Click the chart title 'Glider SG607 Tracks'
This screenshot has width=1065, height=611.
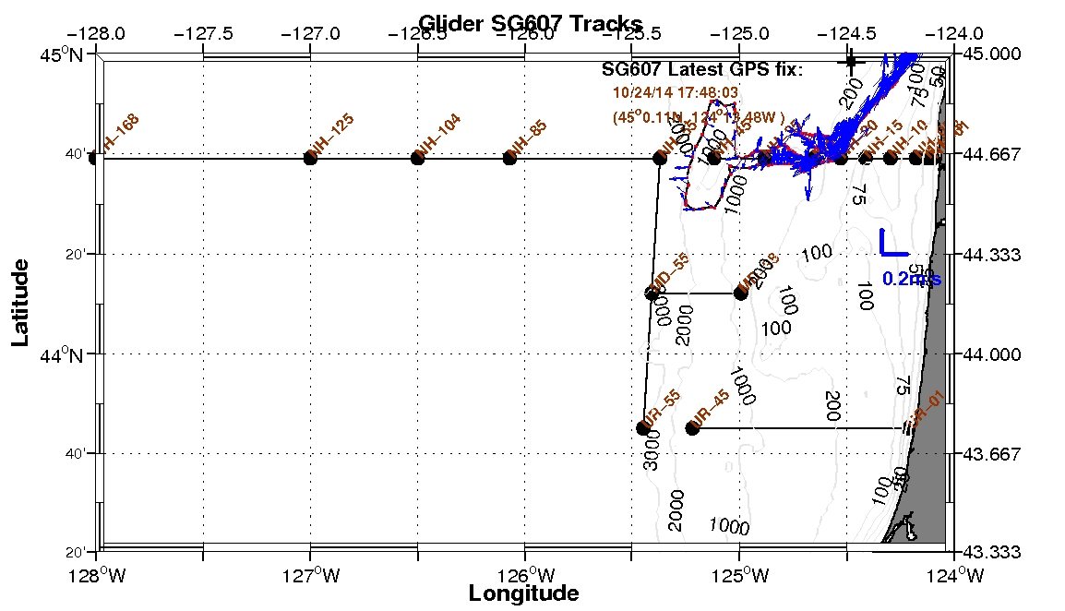530,23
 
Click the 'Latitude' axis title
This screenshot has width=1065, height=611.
19,303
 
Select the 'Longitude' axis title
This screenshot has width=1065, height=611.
523,593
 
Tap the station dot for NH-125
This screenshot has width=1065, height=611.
310,158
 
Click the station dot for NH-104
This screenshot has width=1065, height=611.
417,158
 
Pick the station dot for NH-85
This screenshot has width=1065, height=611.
509,158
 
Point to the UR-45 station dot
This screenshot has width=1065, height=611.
692,427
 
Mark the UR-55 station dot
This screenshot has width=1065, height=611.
643,427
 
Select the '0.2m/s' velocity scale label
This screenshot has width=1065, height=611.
911,279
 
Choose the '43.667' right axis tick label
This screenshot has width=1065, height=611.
992,454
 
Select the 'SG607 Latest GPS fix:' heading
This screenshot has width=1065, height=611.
702,70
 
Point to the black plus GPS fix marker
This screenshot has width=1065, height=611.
850,62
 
